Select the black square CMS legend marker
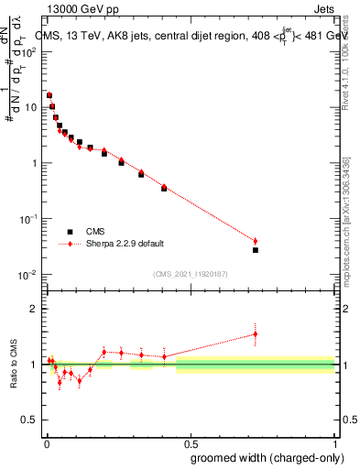point(68,232)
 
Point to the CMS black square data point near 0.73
point(256,250)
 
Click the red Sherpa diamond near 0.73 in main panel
point(256,241)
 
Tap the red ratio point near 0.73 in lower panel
point(256,334)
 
